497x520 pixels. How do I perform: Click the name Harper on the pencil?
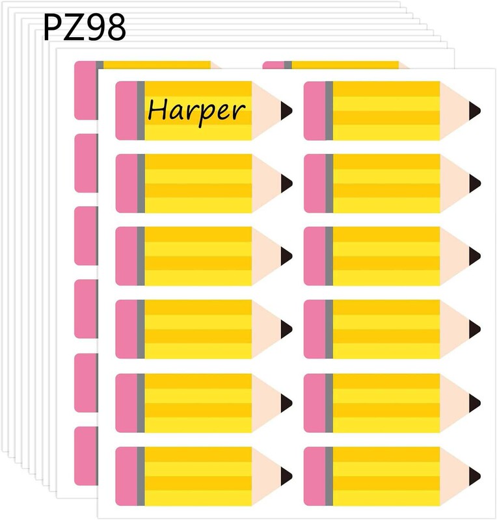196,110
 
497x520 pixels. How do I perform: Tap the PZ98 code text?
85,27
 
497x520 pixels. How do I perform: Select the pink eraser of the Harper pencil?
126,110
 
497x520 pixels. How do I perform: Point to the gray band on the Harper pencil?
141,110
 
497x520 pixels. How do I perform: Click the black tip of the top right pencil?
475,110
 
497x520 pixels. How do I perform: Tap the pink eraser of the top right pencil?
314,110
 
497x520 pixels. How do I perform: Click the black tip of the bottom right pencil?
475,475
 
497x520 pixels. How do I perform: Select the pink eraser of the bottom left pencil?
126,475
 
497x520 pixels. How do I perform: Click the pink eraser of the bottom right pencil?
314,475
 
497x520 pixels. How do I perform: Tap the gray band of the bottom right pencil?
329,475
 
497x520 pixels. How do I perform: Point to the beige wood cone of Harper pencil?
267,110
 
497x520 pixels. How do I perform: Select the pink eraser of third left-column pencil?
126,256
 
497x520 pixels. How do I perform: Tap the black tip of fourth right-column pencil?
475,330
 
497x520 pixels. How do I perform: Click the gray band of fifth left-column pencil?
141,402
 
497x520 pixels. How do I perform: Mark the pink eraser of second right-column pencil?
314,183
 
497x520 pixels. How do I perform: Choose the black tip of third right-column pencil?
475,256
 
